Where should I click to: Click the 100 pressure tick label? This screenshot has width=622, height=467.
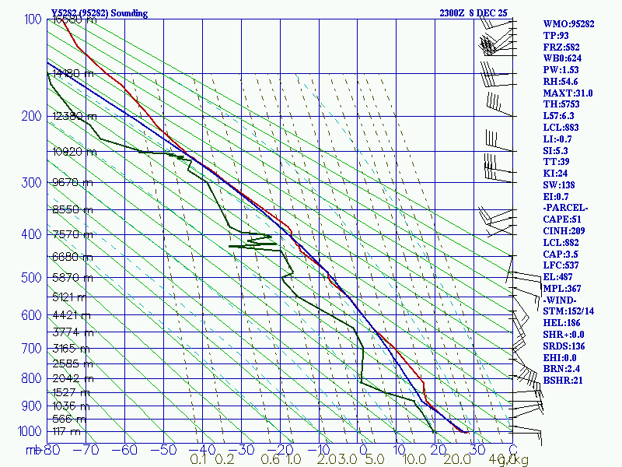[x=33, y=19]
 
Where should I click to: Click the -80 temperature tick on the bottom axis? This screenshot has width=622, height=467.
[x=51, y=449]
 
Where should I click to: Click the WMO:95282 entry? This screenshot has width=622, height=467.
[x=568, y=24]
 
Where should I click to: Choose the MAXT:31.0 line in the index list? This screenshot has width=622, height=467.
[x=568, y=93]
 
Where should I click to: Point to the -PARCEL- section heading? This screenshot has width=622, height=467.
[x=565, y=209]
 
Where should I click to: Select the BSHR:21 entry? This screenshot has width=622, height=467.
[x=562, y=381]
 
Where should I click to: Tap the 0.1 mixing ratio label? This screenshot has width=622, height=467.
[x=199, y=460]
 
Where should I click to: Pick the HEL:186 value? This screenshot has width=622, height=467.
[x=561, y=323]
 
